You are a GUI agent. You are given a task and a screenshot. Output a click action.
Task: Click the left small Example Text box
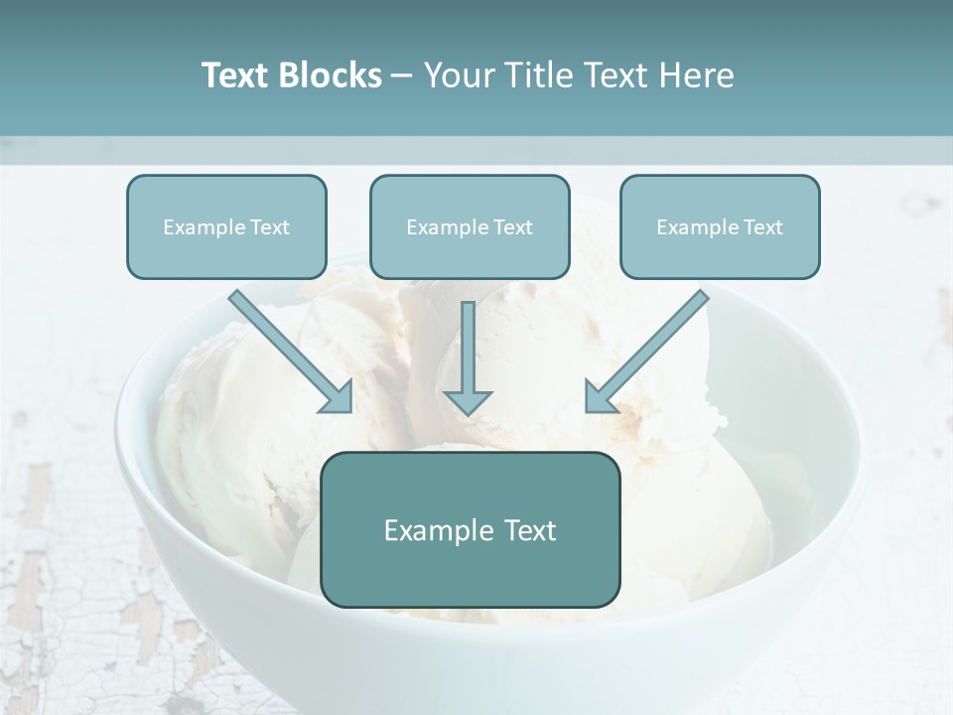pyautogui.click(x=226, y=226)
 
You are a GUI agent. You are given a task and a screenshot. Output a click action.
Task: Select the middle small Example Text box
pyautogui.click(x=470, y=226)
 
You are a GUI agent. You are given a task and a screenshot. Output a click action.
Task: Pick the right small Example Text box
pyautogui.click(x=720, y=226)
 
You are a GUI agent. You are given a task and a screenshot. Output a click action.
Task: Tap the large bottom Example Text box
pyautogui.click(x=470, y=529)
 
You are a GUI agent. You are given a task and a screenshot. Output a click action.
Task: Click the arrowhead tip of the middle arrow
pyautogui.click(x=468, y=411)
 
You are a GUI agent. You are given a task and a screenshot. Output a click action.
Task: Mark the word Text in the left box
pyautogui.click(x=270, y=226)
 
